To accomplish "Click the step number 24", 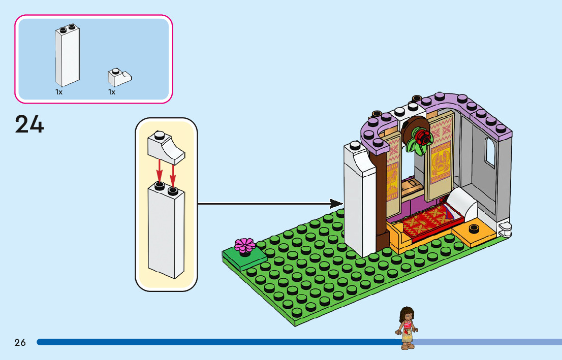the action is [29, 124].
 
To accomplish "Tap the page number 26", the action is [20, 342].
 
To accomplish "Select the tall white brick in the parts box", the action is [68, 55].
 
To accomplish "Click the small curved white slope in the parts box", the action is [120, 77].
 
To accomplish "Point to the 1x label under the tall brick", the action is [59, 92].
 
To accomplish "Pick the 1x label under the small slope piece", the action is [112, 92].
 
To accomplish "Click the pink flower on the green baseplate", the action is [245, 246].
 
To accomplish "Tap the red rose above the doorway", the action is [422, 137].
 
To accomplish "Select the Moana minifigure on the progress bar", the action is [407, 328].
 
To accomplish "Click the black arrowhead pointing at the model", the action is [336, 204].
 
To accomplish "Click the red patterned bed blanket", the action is [430, 220].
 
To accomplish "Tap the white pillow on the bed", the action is [462, 202].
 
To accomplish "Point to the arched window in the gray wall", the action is [490, 152].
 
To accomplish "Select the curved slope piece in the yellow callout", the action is [166, 147].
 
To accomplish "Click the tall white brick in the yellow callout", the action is [166, 231].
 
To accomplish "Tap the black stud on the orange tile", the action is [474, 228].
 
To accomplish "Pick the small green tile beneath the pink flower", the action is [244, 258].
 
